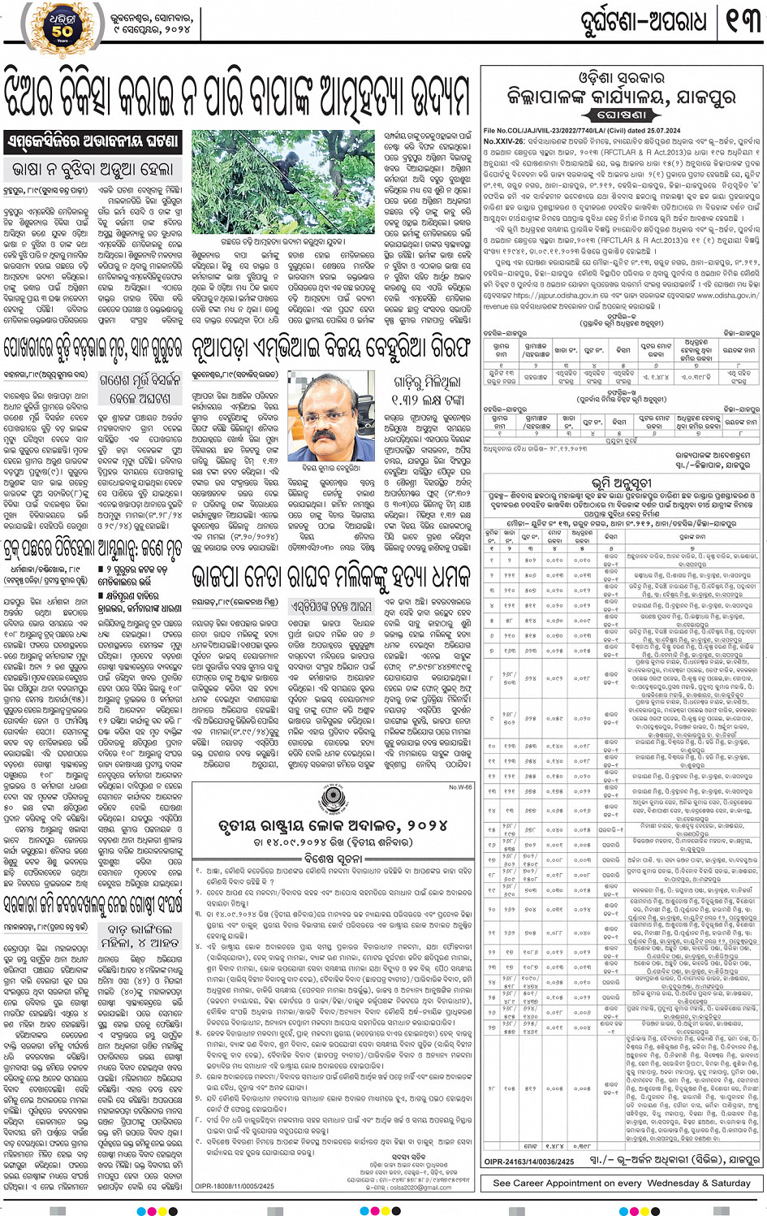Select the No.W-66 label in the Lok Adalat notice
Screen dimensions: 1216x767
(x=460, y=787)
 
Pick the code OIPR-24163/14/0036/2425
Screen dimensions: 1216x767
(x=529, y=1162)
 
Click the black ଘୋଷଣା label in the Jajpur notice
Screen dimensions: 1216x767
(x=623, y=115)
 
